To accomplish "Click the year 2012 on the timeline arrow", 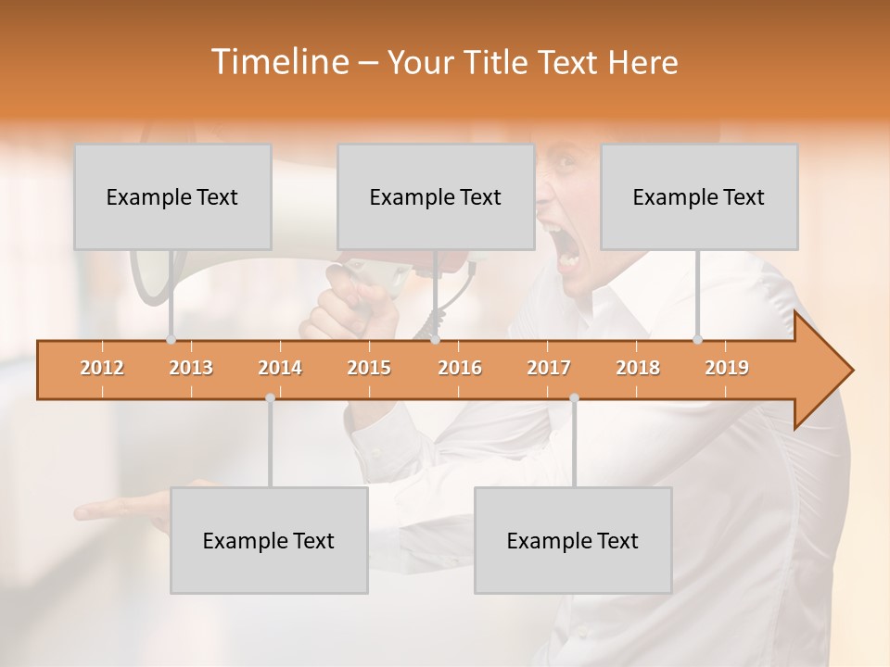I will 102,368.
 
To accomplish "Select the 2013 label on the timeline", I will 191,368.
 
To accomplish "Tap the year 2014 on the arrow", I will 280,368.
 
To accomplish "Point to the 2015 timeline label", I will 369,368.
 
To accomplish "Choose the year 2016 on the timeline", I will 460,368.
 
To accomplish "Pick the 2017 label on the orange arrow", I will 549,368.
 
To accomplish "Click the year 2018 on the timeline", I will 638,368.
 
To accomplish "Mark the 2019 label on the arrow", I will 727,368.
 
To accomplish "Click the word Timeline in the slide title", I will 277,62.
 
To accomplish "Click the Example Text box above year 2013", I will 172,196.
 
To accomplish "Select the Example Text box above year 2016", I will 436,196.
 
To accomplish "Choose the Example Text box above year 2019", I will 699,196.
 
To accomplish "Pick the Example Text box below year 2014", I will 269,540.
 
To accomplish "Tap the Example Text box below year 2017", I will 573,540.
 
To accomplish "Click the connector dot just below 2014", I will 270,398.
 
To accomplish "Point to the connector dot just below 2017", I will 574,398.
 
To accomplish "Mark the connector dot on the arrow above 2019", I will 698,339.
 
